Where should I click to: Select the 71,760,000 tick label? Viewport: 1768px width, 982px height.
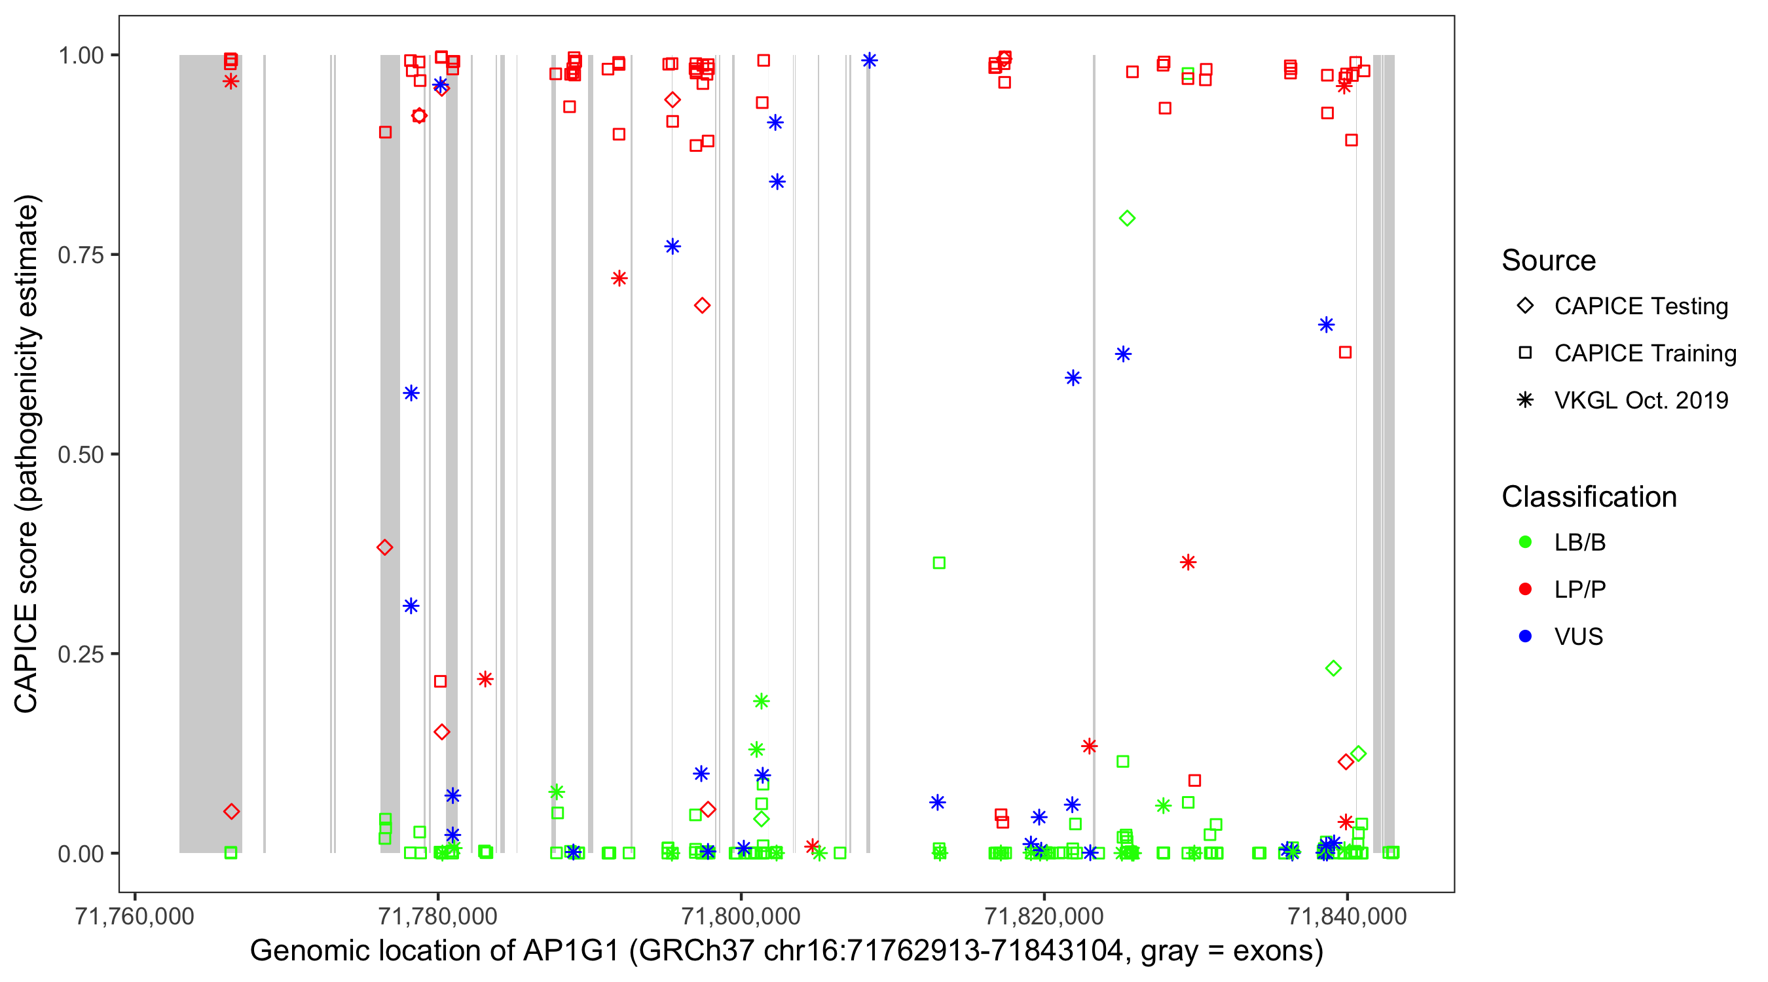(x=134, y=916)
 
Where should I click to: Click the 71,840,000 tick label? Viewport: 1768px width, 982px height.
(x=1347, y=916)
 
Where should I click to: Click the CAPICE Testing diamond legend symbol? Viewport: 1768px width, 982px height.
(x=1525, y=306)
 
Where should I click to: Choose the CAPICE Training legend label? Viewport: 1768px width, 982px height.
(x=1645, y=354)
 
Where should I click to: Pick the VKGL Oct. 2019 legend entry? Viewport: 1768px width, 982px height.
(x=1641, y=401)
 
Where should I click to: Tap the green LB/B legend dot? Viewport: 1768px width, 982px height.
(x=1525, y=542)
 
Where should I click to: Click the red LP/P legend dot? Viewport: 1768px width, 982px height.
(x=1525, y=589)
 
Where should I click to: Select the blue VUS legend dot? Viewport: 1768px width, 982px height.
(x=1525, y=637)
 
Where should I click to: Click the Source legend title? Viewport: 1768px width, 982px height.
(x=1549, y=261)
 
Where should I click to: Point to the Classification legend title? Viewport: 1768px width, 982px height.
(x=1589, y=497)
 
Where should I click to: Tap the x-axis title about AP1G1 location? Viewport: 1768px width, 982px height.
(x=786, y=951)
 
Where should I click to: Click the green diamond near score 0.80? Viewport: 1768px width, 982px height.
(x=1127, y=219)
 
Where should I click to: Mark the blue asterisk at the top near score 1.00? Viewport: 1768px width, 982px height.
(x=870, y=61)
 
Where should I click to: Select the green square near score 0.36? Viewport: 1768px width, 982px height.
(x=939, y=564)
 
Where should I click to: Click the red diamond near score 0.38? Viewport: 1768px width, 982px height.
(x=385, y=547)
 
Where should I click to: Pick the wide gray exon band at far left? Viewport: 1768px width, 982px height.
(x=210, y=453)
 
